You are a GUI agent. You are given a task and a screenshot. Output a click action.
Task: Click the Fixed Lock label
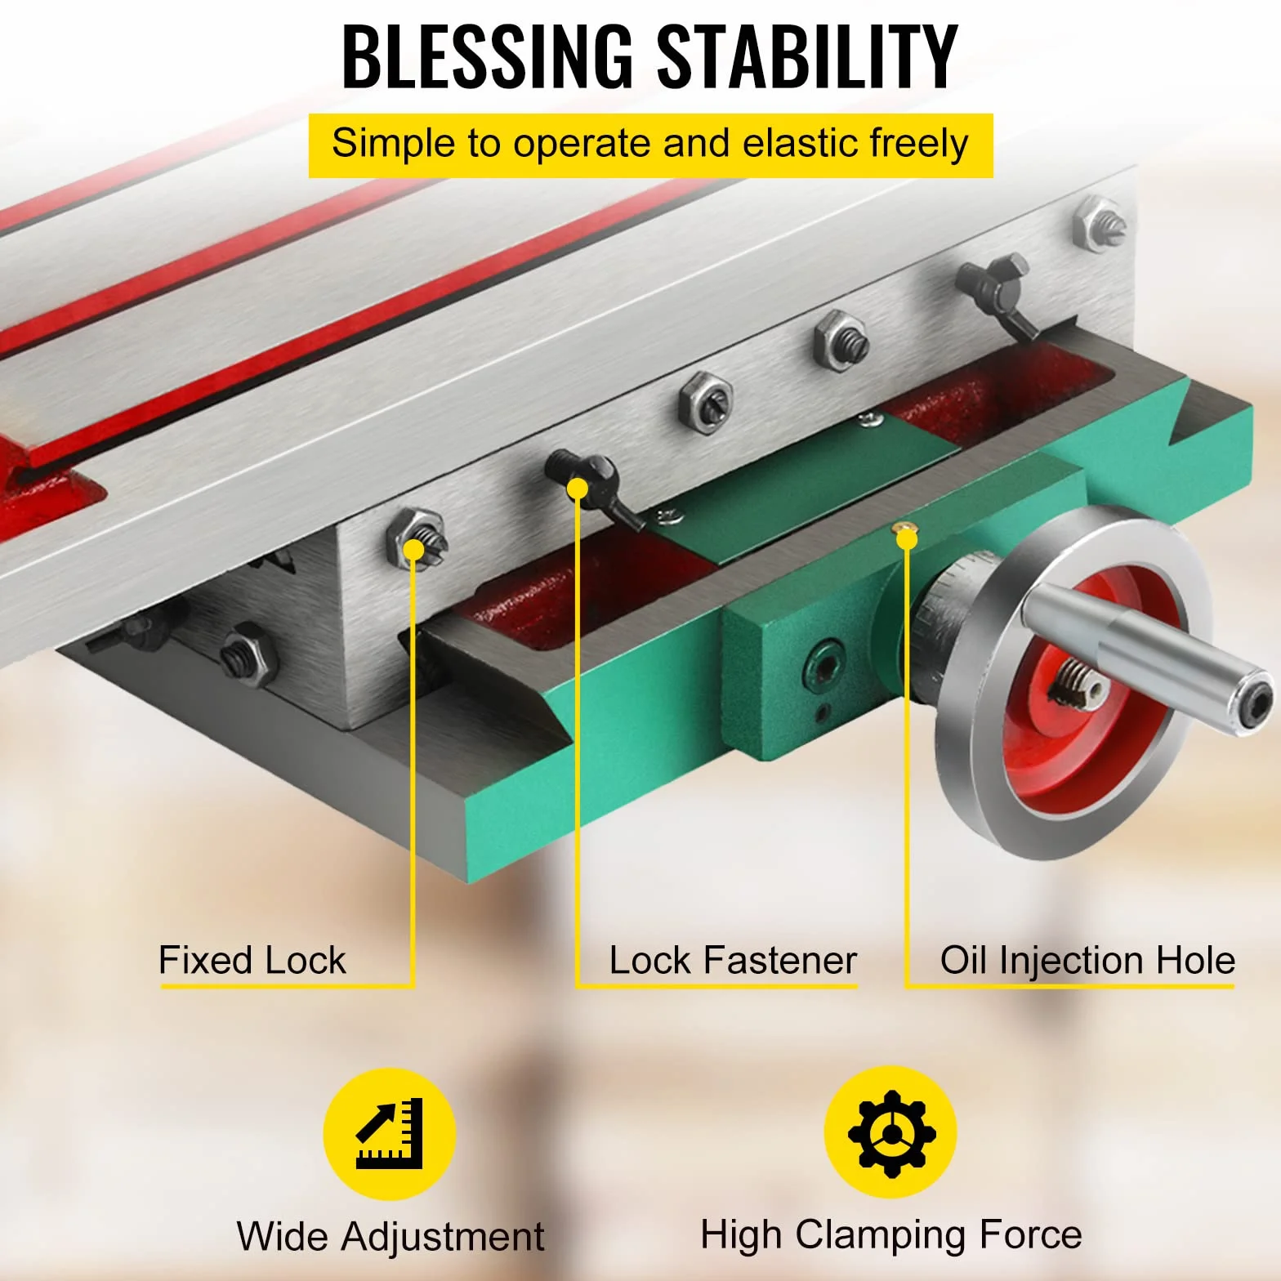pyautogui.click(x=252, y=960)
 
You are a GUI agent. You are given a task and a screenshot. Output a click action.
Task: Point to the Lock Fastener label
pyautogui.click(x=733, y=960)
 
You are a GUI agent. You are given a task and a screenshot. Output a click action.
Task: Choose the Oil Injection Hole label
pyautogui.click(x=1087, y=962)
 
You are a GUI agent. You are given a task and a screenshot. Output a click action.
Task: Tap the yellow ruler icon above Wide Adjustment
pyautogui.click(x=390, y=1134)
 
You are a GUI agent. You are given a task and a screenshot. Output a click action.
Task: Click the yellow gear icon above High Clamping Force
pyautogui.click(x=890, y=1132)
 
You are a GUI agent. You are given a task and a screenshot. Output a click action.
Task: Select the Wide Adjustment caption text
pyautogui.click(x=391, y=1236)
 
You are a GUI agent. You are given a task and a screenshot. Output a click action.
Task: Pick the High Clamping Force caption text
pyautogui.click(x=891, y=1235)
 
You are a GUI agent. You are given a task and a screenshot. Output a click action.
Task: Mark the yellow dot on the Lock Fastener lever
pyautogui.click(x=578, y=489)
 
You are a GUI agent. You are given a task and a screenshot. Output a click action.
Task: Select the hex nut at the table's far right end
pyautogui.click(x=1099, y=225)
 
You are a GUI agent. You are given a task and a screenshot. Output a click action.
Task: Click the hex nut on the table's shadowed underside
pyautogui.click(x=247, y=654)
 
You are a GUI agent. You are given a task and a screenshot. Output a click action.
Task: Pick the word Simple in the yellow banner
pyautogui.click(x=394, y=144)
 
